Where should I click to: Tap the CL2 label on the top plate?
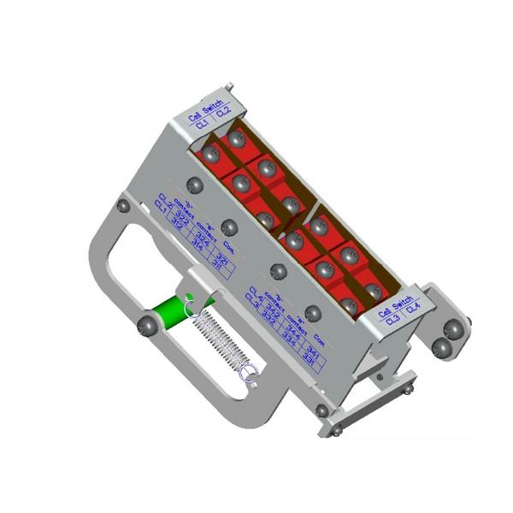[221, 113]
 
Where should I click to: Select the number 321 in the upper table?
[221, 257]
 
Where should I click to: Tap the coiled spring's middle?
[221, 339]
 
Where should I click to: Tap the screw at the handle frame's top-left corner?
[123, 206]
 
